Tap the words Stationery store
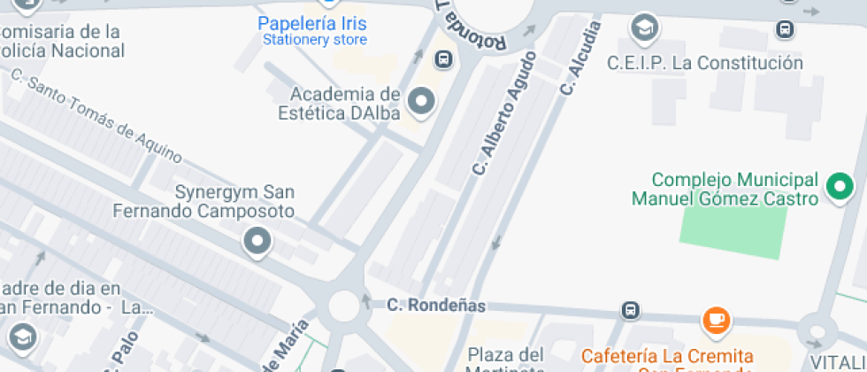315,40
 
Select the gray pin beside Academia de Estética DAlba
422,102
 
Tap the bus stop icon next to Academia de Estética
443,60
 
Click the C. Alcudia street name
580,58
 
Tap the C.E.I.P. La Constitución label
705,63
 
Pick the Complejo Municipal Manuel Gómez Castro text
725,189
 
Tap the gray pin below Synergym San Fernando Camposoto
257,240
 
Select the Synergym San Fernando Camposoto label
204,202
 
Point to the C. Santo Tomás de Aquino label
96,116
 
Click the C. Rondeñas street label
436,306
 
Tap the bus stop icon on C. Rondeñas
630,311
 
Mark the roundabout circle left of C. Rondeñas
344,306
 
